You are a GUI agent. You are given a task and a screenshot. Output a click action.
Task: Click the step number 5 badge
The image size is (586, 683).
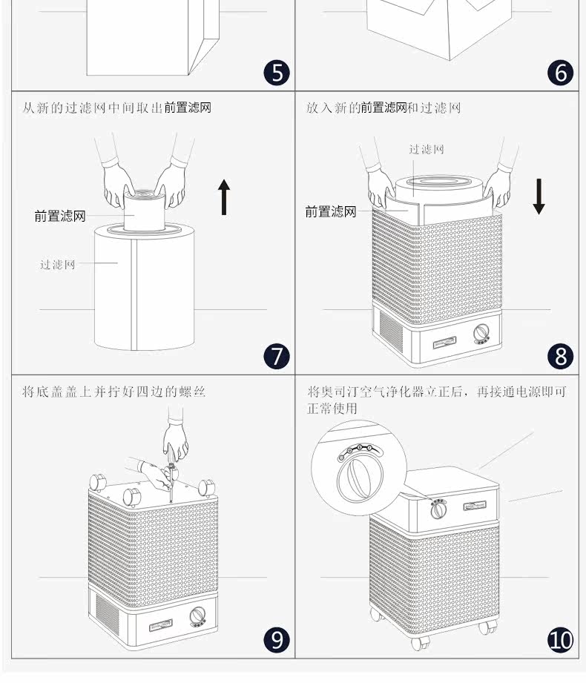(277, 73)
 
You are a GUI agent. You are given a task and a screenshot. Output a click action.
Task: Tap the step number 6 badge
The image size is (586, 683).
(561, 73)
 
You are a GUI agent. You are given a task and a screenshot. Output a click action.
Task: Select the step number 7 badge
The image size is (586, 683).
(277, 357)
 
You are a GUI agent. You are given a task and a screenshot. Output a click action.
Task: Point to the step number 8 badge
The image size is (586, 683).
(561, 357)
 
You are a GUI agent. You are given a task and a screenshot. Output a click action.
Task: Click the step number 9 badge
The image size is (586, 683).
(277, 639)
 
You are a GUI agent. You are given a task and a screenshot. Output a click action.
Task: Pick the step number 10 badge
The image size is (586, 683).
(561, 639)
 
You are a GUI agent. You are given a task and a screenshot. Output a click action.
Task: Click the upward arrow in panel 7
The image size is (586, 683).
(224, 197)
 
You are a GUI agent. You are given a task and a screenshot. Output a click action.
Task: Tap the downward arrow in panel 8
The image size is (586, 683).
(539, 197)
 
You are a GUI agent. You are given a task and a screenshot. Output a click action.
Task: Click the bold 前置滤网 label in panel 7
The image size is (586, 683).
(59, 217)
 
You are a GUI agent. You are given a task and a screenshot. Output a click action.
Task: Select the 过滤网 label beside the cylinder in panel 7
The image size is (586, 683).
(58, 265)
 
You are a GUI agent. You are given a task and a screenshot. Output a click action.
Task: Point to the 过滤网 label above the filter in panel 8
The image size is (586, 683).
(427, 149)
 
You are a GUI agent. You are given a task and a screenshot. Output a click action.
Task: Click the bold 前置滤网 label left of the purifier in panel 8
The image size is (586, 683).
(331, 212)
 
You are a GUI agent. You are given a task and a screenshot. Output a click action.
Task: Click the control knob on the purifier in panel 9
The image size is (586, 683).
(198, 617)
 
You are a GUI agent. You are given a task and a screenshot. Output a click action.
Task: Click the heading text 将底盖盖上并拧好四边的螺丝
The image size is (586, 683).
(113, 392)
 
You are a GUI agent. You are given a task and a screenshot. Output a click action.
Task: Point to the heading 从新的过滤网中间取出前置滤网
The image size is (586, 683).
(117, 108)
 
